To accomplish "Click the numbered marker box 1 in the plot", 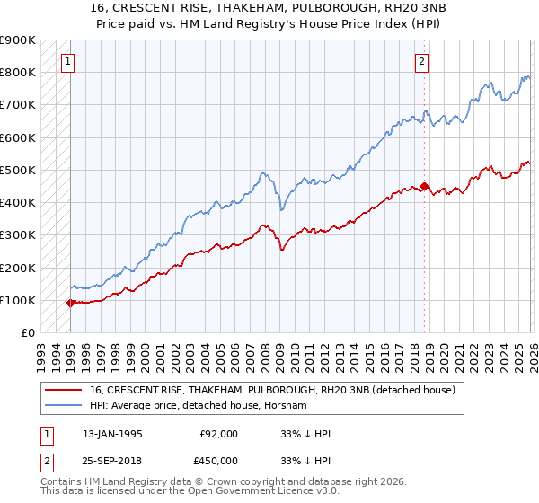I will pos(69,62).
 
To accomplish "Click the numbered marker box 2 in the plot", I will pos(420,62).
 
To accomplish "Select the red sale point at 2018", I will pos(425,187).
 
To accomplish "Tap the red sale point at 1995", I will pos(71,303).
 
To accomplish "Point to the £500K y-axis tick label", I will pos(18,170).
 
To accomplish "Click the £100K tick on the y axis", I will pos(18,300).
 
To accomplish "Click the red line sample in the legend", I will pos(65,390).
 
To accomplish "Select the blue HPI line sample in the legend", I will pos(65,406).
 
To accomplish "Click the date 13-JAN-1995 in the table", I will pos(112,434).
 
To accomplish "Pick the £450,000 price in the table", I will pos(219,462).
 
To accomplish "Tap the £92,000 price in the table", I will pos(219,434).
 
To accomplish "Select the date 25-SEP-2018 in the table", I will pos(112,462).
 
